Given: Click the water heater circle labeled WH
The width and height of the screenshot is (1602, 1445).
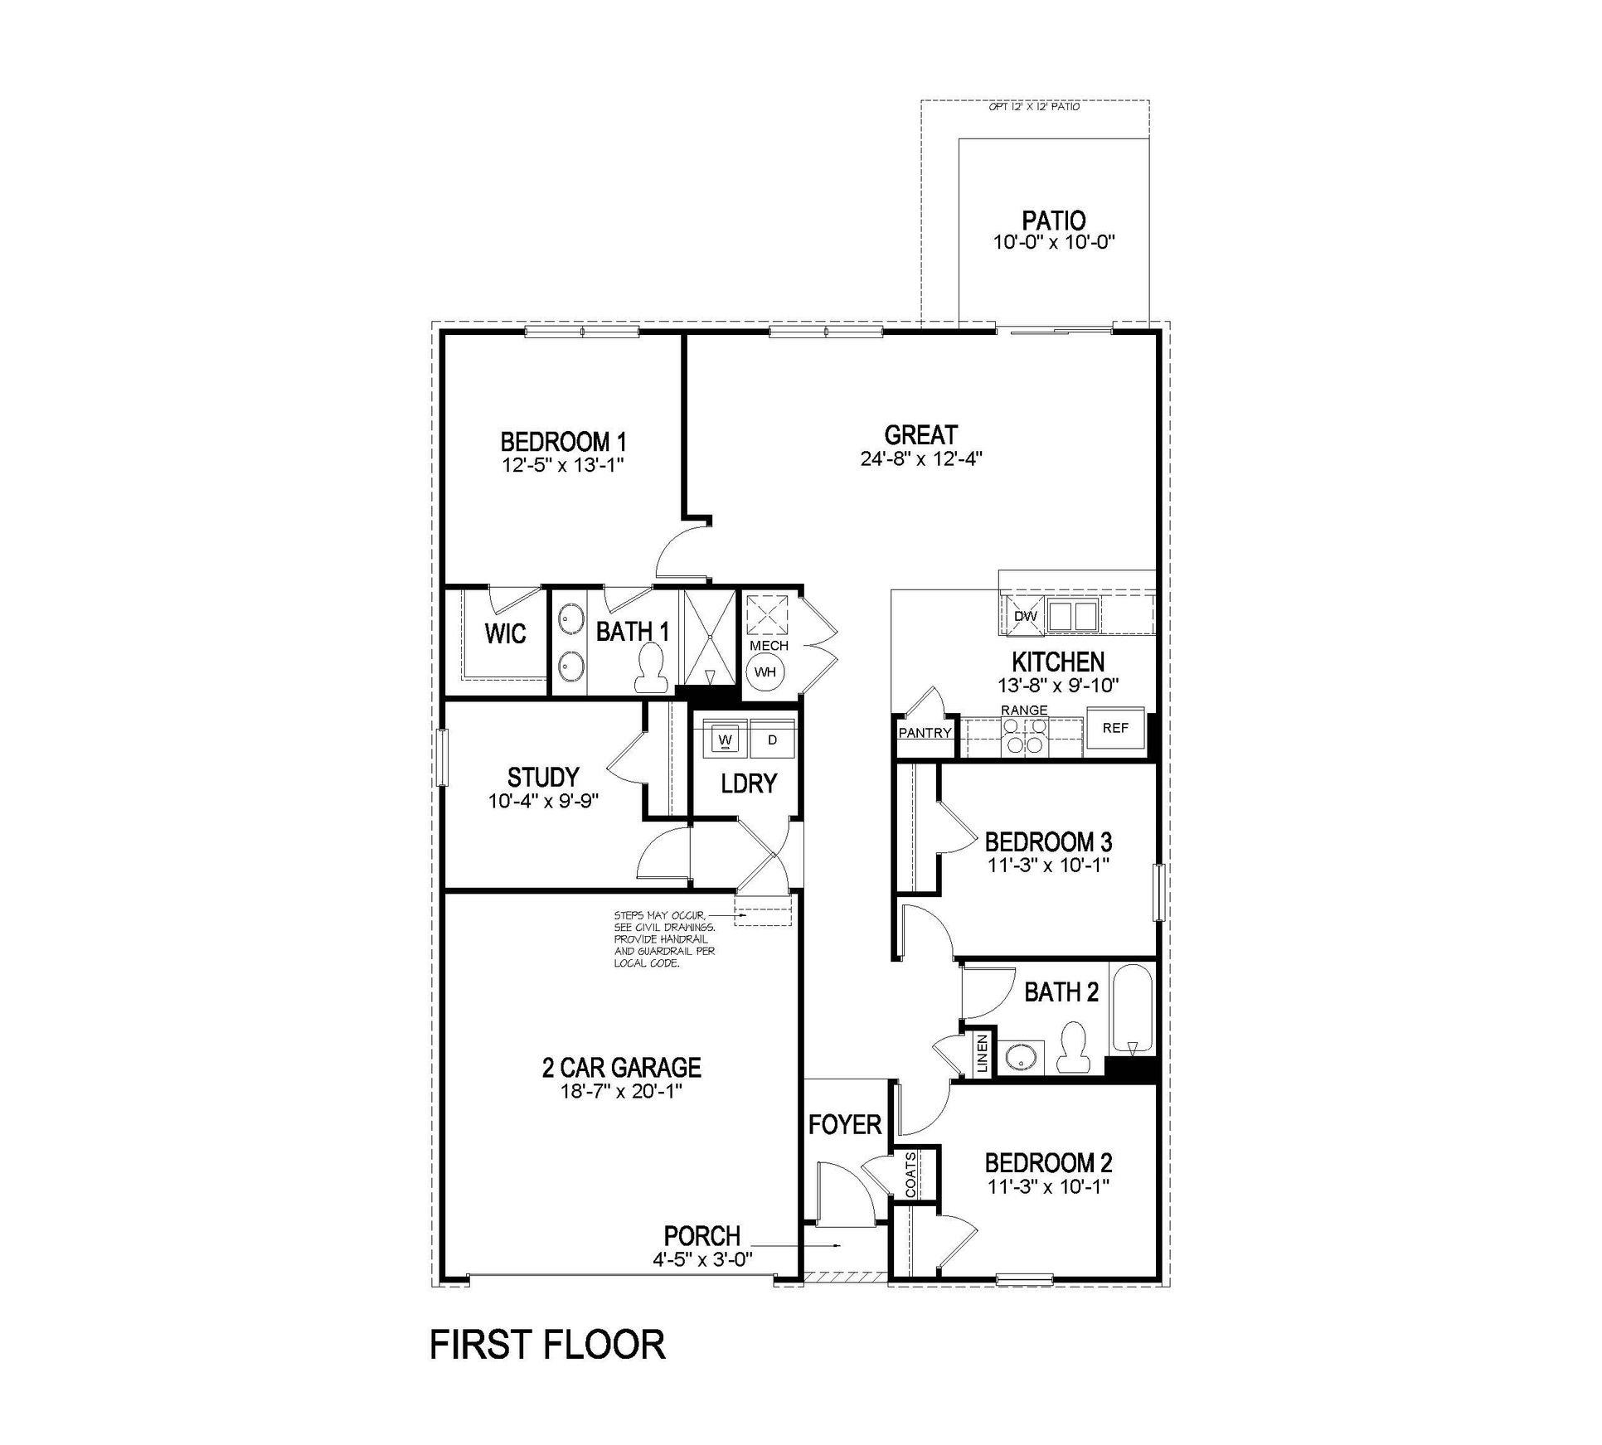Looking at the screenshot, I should click(x=765, y=672).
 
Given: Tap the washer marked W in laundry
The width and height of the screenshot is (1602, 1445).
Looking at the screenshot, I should click(x=726, y=739).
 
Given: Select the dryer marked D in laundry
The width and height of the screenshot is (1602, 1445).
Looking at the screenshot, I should click(x=772, y=739).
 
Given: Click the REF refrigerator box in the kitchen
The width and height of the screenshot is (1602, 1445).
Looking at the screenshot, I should click(x=1115, y=729).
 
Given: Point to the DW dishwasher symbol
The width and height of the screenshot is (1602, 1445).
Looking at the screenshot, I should click(x=1026, y=617).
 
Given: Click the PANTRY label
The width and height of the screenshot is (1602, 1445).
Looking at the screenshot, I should click(x=925, y=733).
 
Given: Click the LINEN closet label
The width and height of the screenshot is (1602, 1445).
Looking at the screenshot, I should click(x=982, y=1055).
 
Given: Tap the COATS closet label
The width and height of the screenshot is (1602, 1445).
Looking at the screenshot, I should click(x=911, y=1174).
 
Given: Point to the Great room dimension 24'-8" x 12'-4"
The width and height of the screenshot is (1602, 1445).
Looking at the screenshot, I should click(x=921, y=458).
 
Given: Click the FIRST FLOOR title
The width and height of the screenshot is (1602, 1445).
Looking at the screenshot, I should click(x=547, y=1345).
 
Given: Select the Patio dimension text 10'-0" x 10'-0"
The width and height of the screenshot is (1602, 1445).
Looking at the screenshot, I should click(x=1054, y=243).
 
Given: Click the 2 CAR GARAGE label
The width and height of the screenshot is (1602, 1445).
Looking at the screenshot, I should click(x=621, y=1068).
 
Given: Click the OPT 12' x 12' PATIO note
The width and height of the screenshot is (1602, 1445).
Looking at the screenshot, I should click(x=1034, y=107).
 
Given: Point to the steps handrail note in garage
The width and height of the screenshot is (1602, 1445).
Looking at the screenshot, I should click(x=663, y=939).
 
